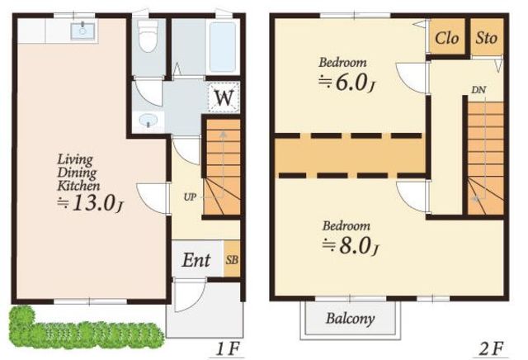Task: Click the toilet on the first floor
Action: (148, 36)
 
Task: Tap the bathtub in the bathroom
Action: (222, 46)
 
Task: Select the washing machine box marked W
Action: (224, 97)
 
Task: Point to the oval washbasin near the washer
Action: (148, 120)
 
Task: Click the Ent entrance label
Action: (196, 260)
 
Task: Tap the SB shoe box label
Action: (232, 260)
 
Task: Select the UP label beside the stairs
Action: (190, 197)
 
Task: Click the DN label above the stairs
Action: (478, 90)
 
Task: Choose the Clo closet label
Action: (446, 38)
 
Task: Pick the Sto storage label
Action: (486, 38)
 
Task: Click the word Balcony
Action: (350, 318)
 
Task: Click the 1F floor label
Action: (229, 349)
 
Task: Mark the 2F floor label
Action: (492, 349)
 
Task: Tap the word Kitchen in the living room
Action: (78, 186)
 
